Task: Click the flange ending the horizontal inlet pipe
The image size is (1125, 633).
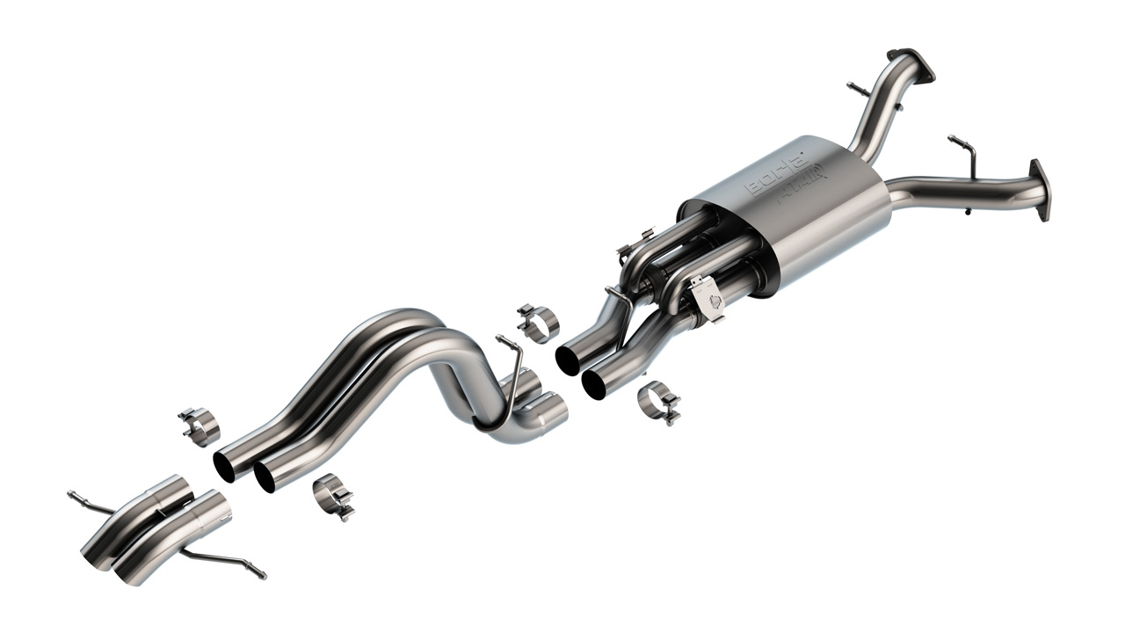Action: point(1041,189)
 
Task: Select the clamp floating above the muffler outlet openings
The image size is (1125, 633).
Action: point(539,323)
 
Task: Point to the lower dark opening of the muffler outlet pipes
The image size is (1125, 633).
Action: point(593,382)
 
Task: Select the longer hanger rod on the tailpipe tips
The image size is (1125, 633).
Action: point(223,560)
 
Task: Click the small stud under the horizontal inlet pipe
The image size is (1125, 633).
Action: point(967,210)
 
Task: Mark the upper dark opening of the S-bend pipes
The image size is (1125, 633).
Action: point(224,465)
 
